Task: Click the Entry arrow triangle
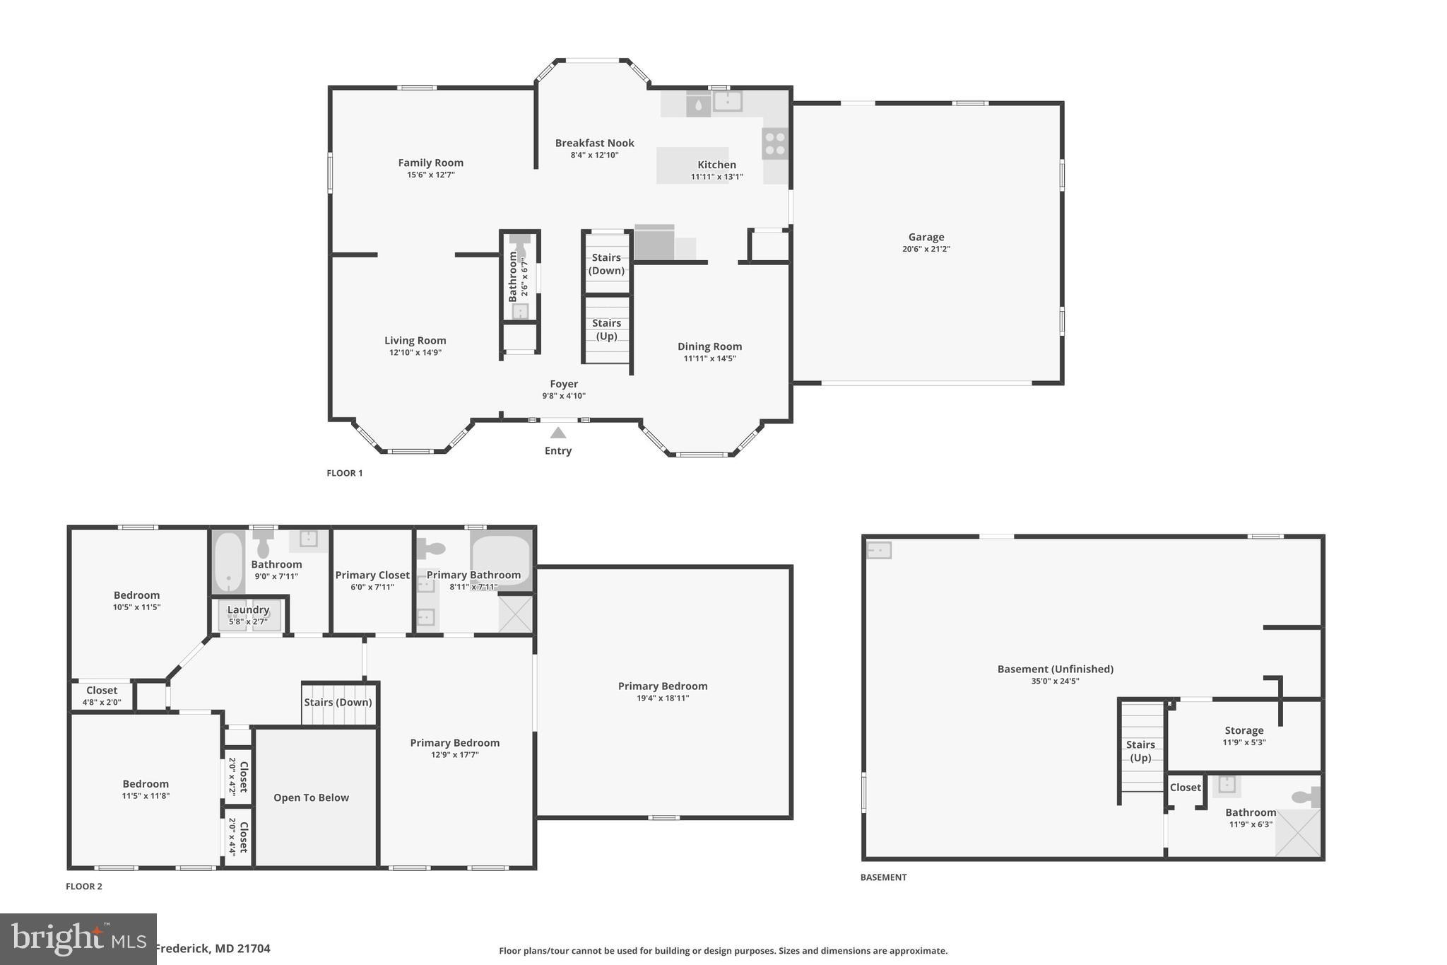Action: point(558,433)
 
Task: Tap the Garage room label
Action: point(926,237)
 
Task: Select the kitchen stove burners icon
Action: point(775,144)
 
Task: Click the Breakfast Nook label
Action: point(594,143)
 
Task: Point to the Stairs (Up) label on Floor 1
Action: point(606,329)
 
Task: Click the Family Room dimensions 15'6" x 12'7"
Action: point(430,175)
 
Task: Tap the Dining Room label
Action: point(709,346)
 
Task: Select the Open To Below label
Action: point(311,797)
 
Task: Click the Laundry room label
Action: point(248,609)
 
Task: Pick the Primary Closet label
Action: point(372,575)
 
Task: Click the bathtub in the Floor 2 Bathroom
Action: point(228,562)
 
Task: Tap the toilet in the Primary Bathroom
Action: point(431,548)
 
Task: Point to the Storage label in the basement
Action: point(1244,730)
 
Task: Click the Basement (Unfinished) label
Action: point(1055,669)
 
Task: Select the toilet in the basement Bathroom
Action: point(1306,797)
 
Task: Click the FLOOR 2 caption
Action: point(84,886)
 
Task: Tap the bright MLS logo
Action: point(78,939)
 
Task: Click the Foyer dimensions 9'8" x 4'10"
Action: point(564,396)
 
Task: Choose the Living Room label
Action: point(415,340)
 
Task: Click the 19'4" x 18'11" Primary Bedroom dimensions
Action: point(662,698)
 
